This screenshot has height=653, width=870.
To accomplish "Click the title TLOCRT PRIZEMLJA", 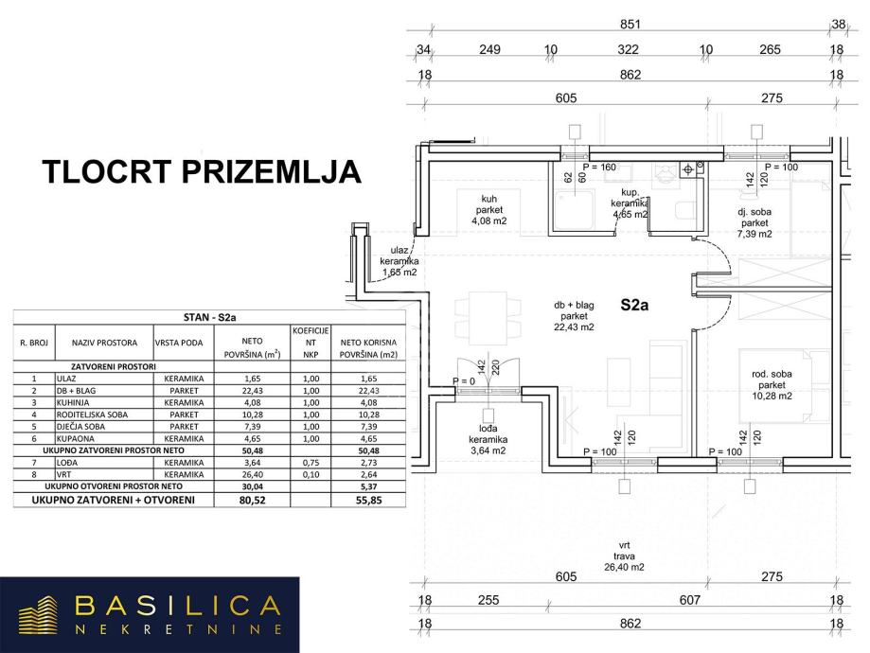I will click(x=203, y=173).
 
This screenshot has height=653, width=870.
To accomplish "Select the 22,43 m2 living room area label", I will click(x=574, y=316).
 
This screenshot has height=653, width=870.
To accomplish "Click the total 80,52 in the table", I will click(x=251, y=499).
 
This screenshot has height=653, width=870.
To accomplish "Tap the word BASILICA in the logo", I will click(x=178, y=606).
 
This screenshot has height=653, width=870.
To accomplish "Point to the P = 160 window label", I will click(x=599, y=168).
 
